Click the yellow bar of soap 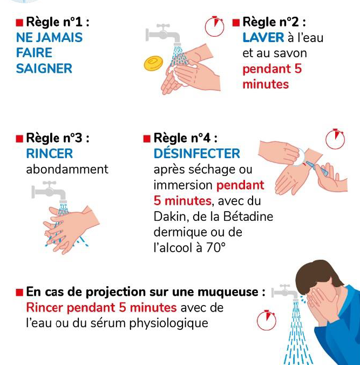point(153,63)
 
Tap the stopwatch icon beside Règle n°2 point(214,26)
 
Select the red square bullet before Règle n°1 point(19,23)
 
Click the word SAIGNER point(44,69)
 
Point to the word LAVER point(263,37)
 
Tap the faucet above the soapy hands point(164,35)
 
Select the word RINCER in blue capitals point(50,154)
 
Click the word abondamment point(67,169)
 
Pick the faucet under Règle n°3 point(49,192)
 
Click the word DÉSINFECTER point(197,154)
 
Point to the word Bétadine point(248,217)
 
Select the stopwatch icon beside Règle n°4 point(335,139)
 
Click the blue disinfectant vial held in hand point(317,168)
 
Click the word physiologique point(169,323)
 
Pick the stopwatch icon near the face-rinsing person point(267,320)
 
